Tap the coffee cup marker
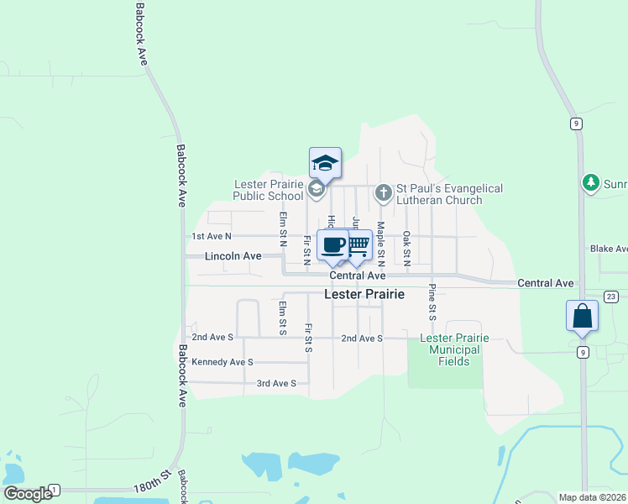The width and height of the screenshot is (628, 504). click(x=333, y=244)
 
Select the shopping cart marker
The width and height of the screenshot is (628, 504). click(x=358, y=244)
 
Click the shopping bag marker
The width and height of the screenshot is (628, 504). click(x=582, y=316)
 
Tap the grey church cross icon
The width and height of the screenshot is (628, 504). click(x=384, y=194)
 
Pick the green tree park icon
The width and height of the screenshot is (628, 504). click(x=591, y=181)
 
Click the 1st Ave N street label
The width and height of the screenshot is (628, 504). click(x=211, y=237)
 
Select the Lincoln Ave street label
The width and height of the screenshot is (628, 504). click(x=233, y=255)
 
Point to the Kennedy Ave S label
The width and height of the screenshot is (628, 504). click(x=222, y=362)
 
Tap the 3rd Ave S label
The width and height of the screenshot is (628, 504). click(x=276, y=383)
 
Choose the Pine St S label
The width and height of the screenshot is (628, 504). click(x=432, y=302)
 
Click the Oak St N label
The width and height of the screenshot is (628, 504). click(x=406, y=248)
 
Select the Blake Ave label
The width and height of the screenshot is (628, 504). click(x=609, y=249)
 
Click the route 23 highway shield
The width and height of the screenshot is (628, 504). click(x=610, y=297)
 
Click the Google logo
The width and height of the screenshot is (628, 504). click(x=28, y=494)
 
